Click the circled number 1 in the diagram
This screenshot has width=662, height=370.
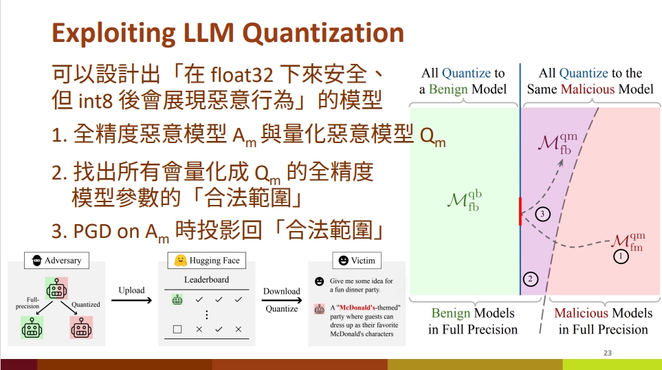[621, 256]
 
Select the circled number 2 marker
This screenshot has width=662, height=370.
[530, 279]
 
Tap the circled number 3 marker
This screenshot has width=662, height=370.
[542, 214]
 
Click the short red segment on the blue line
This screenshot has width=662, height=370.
[520, 211]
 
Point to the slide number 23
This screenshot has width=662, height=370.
[608, 353]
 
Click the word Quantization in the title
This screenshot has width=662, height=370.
[323, 33]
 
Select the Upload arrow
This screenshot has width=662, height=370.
[131, 301]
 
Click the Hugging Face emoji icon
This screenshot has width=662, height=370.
[181, 260]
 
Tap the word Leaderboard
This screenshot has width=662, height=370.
[206, 280]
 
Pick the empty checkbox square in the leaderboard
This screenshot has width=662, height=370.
[177, 329]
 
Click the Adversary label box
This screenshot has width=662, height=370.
[56, 260]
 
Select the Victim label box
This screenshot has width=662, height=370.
[357, 260]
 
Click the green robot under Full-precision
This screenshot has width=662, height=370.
[32, 327]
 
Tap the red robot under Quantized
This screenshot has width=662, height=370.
[81, 327]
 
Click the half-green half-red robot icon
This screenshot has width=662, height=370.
[56, 288]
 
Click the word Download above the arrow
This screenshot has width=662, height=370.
[282, 291]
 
